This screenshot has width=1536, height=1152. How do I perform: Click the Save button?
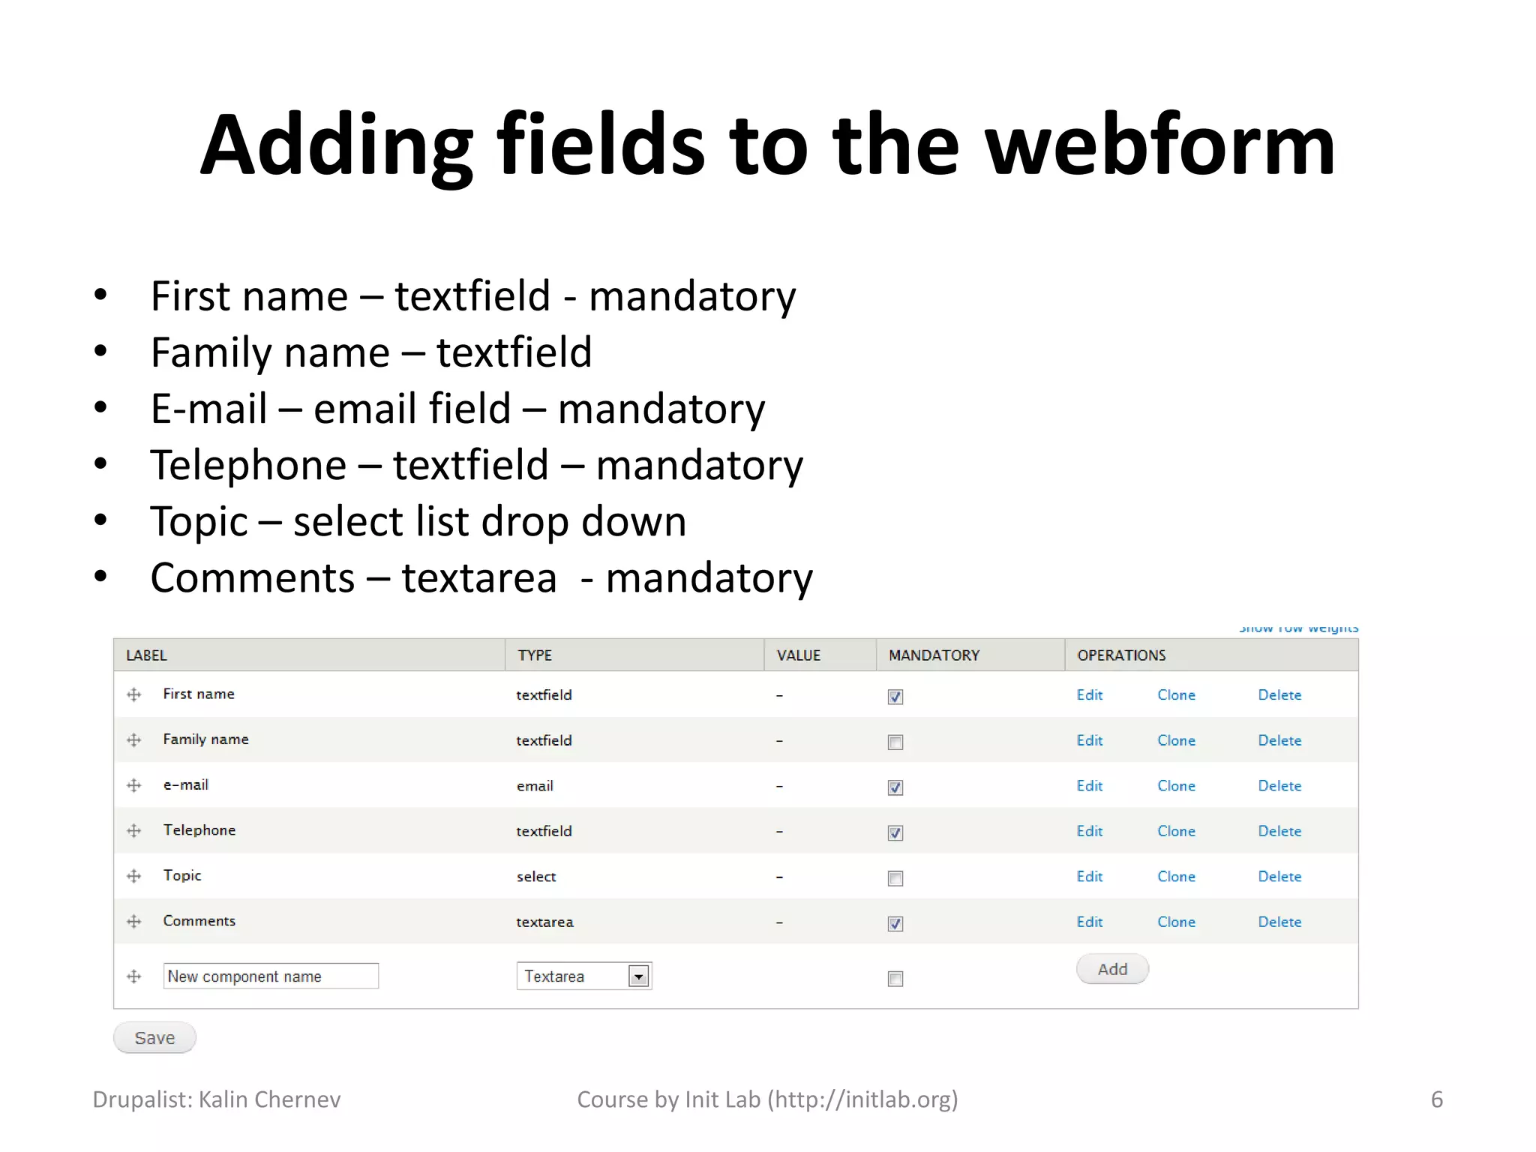coord(154,1037)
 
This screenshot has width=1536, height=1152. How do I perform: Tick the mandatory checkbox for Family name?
coord(895,742)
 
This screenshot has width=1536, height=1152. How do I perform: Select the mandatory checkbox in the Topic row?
coord(895,878)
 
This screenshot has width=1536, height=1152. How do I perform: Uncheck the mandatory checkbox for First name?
coord(895,697)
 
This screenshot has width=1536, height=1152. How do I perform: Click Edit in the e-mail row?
coord(1089,785)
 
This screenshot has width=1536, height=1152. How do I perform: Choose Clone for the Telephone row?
coord(1176,831)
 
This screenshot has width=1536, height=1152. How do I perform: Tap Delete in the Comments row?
coord(1279,922)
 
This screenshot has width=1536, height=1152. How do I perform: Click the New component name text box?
coord(271,976)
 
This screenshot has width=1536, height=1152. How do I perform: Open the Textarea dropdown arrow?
coord(638,976)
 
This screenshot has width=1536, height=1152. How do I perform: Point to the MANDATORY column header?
coord(934,655)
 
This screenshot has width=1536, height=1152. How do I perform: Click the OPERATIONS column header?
coord(1121,655)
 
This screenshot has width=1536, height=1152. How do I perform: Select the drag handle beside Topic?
coord(134,876)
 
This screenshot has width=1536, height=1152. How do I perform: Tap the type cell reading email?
coord(535,786)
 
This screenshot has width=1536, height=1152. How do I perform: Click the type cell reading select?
coord(536,877)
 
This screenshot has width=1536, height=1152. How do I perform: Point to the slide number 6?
coord(1436,1099)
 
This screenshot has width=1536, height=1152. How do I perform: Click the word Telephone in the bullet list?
coord(248,465)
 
